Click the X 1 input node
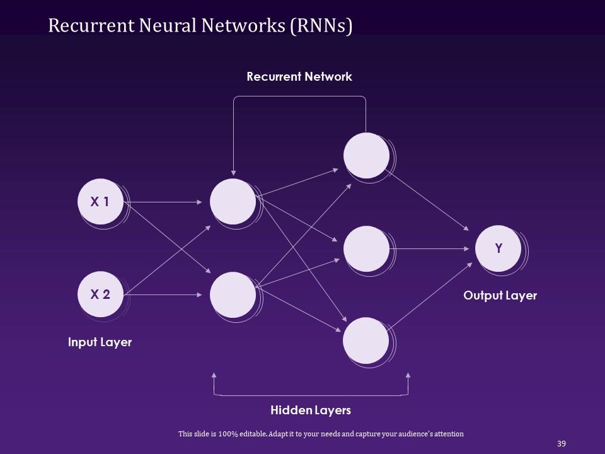coord(100,202)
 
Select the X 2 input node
coord(100,294)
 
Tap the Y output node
coord(498,248)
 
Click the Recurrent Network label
coord(299,77)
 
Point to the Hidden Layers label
coord(311,410)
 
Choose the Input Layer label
coord(100,342)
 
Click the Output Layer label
coord(500,296)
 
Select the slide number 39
coord(562,444)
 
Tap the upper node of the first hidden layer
coord(233,202)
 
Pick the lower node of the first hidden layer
coord(233,294)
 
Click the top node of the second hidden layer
coord(366,156)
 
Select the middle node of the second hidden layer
coord(366,248)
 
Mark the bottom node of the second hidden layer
coord(366,340)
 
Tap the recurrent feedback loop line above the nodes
coord(299,96)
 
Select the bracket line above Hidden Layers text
coord(311,395)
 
